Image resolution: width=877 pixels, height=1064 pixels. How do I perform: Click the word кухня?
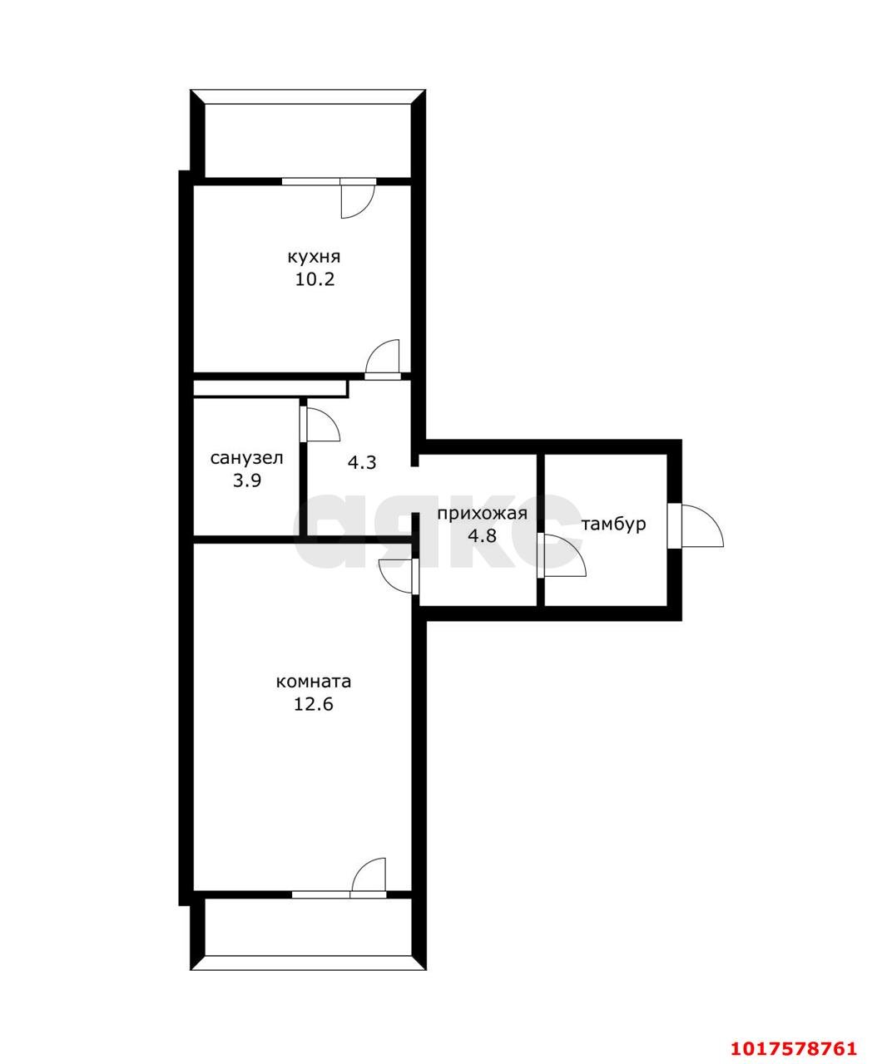pyautogui.click(x=314, y=257)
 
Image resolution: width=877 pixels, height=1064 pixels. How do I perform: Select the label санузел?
pyautogui.click(x=246, y=458)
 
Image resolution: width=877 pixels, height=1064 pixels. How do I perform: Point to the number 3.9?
pyautogui.click(x=247, y=480)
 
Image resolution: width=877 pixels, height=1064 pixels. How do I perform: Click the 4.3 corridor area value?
pyautogui.click(x=362, y=463)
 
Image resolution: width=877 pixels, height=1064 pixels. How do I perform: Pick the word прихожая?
pyautogui.click(x=482, y=513)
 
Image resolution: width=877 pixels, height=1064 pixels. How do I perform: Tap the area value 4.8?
pyautogui.click(x=482, y=535)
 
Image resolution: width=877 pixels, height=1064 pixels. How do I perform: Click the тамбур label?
pyautogui.click(x=614, y=524)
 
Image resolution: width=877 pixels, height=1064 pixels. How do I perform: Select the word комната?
pyautogui.click(x=313, y=682)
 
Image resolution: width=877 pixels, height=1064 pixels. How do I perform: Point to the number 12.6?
pyautogui.click(x=313, y=704)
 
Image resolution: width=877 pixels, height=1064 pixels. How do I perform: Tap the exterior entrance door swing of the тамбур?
pyautogui.click(x=702, y=526)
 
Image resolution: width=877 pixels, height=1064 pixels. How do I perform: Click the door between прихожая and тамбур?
pyautogui.click(x=562, y=555)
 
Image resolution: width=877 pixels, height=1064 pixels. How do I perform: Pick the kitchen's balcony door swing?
pyautogui.click(x=358, y=199)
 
